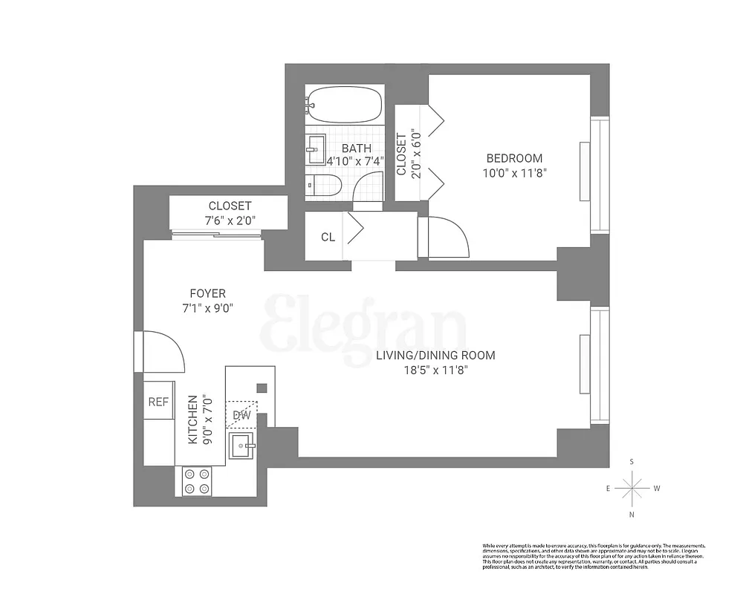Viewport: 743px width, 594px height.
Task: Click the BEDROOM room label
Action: (514, 158)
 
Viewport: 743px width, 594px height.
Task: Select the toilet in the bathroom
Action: (323, 185)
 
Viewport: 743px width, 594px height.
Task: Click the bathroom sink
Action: (315, 149)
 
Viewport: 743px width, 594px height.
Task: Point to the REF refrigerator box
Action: (158, 402)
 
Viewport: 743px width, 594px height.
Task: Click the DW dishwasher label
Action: (241, 415)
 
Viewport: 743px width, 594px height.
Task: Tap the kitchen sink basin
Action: (241, 446)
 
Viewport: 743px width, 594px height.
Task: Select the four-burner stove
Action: (196, 480)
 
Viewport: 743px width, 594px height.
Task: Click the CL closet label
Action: (328, 238)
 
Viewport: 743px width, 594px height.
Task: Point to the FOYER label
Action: (207, 293)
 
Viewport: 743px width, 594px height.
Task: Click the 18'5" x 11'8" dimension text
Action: (435, 370)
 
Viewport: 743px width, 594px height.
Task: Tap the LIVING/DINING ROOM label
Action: (435, 356)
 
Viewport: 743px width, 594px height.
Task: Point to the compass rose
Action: (632, 488)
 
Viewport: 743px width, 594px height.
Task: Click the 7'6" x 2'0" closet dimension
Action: (230, 221)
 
